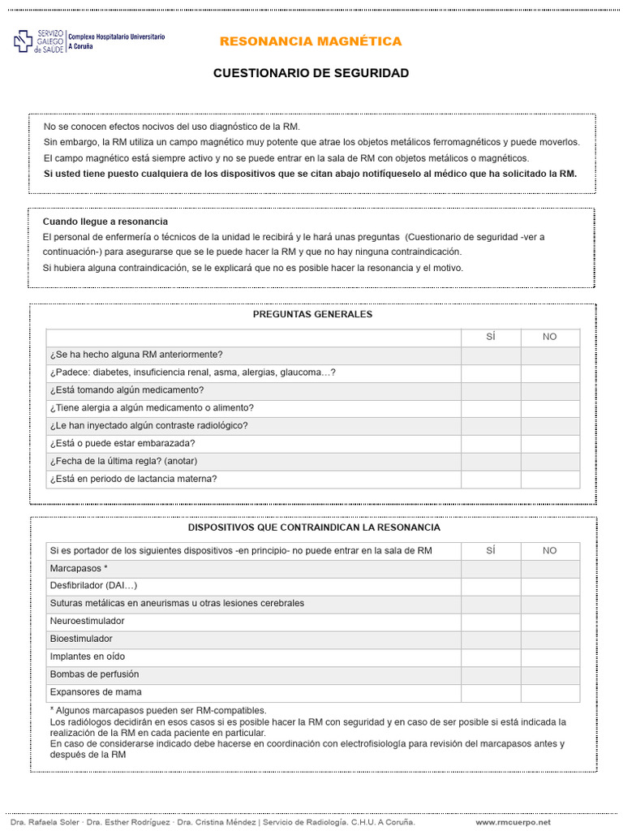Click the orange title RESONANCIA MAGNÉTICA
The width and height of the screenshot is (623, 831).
point(311,41)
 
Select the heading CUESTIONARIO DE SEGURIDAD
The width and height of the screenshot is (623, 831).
point(311,73)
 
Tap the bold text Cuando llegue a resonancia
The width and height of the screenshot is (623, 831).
point(105,222)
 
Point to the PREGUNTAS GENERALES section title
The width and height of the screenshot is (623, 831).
point(312,314)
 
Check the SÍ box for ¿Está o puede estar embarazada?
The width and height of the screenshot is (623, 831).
point(491,444)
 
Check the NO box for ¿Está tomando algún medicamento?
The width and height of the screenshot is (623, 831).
point(550,390)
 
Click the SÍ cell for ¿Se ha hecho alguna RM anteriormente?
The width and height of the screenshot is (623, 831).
point(491,355)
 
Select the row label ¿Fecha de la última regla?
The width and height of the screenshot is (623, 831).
point(123,462)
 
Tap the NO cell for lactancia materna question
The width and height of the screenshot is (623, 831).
point(550,480)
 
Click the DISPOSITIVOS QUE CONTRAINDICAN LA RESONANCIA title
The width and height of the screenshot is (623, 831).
point(314,527)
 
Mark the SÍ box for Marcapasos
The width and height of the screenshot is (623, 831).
point(491,569)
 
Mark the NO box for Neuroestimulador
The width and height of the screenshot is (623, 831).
point(550,622)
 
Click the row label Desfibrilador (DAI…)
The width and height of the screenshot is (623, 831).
point(93,586)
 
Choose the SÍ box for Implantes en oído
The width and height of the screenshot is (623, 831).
point(491,657)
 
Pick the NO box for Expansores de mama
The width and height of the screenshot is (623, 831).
point(550,693)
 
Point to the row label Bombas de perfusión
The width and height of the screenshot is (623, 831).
point(94,674)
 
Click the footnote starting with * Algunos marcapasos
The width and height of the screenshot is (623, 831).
point(158,710)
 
